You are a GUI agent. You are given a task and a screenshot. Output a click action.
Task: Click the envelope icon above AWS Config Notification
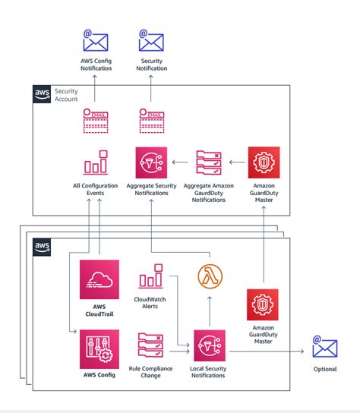96,41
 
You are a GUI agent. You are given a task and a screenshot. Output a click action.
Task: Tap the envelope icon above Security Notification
151,41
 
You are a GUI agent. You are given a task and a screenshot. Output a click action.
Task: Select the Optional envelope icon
325,348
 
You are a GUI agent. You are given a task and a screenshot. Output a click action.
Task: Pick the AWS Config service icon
99,348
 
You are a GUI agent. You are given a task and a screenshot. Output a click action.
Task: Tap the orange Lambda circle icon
210,277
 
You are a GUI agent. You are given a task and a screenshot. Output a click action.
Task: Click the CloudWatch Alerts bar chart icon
151,278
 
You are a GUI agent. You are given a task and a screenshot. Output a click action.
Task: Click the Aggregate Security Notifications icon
151,162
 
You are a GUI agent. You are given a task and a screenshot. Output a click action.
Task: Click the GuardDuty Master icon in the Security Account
264,162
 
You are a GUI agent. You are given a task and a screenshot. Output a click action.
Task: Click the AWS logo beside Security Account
43,94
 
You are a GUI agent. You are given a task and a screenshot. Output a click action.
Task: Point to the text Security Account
67,94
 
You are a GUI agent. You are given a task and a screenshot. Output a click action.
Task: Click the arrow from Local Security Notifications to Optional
270,350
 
